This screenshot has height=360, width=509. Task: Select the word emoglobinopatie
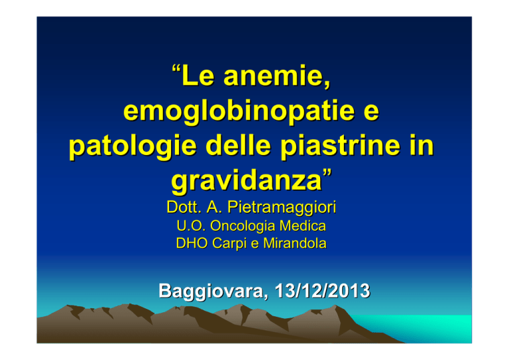pos(239,111)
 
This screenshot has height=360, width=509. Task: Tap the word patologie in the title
pos(133,147)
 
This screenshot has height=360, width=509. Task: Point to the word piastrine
pos(340,147)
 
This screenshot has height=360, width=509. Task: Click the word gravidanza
pos(247,181)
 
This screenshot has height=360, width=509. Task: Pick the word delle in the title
pos(239,145)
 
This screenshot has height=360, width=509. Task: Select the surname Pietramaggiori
pos(282,208)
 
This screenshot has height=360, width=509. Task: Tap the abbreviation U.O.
pos(191,226)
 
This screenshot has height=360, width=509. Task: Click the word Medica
pos(303,226)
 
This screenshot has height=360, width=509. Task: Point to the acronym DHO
pos(192,243)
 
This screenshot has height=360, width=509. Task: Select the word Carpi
pos(229,244)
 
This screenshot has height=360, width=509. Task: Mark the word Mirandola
pos(295,243)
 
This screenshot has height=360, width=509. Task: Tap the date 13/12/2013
pos(322,290)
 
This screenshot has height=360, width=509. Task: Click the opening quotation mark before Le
pos(176,70)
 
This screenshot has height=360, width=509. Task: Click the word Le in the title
pos(198,76)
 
